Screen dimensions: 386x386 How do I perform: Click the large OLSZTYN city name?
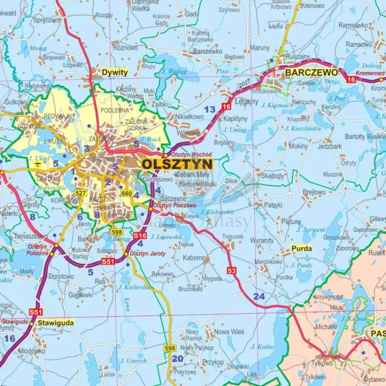tap(177, 164)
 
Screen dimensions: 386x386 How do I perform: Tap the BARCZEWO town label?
tap(311, 73)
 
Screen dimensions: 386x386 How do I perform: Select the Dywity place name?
tap(114, 73)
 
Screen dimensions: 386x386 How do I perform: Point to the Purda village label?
tap(302, 248)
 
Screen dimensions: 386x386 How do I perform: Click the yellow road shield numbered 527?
tap(80, 193)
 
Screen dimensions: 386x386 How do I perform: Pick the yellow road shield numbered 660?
tap(127, 193)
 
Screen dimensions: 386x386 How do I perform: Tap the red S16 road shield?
tap(139, 235)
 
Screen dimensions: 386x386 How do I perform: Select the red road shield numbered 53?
tap(231, 270)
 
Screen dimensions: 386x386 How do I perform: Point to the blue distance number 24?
tap(259, 296)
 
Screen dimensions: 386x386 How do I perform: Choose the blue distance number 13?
tap(209, 109)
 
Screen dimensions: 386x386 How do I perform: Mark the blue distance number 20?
tap(177, 359)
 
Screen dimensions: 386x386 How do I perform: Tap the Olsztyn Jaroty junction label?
tap(147, 253)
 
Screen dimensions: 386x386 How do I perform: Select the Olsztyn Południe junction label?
tap(38, 250)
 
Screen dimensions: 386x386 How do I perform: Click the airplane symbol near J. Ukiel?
tap(38, 164)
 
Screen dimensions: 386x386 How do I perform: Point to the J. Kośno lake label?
tap(262, 346)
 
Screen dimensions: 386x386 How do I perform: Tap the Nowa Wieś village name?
tap(229, 332)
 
